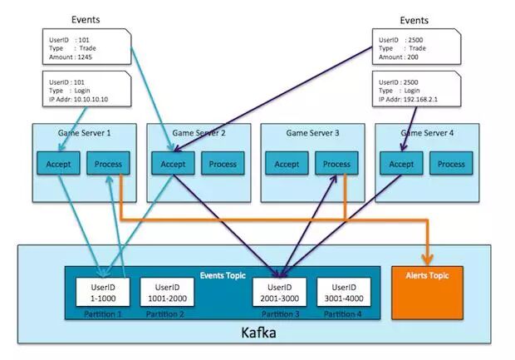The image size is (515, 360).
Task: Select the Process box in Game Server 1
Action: pyautogui.click(x=107, y=164)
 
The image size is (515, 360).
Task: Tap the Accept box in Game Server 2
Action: pyautogui.click(x=172, y=164)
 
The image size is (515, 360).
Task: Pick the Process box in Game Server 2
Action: pyautogui.click(x=222, y=164)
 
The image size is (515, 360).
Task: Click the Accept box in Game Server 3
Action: pyautogui.click(x=287, y=164)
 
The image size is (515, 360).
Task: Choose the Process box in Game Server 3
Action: pyautogui.click(x=336, y=164)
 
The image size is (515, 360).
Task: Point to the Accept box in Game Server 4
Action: pyautogui.click(x=401, y=164)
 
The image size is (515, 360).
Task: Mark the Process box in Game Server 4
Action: pyautogui.click(x=451, y=164)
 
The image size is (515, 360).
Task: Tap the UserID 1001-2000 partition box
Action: pyautogui.click(x=166, y=292)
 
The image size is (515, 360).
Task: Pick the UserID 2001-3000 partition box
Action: pyautogui.click(x=281, y=292)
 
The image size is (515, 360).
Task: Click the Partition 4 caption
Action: pyautogui.click(x=343, y=313)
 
